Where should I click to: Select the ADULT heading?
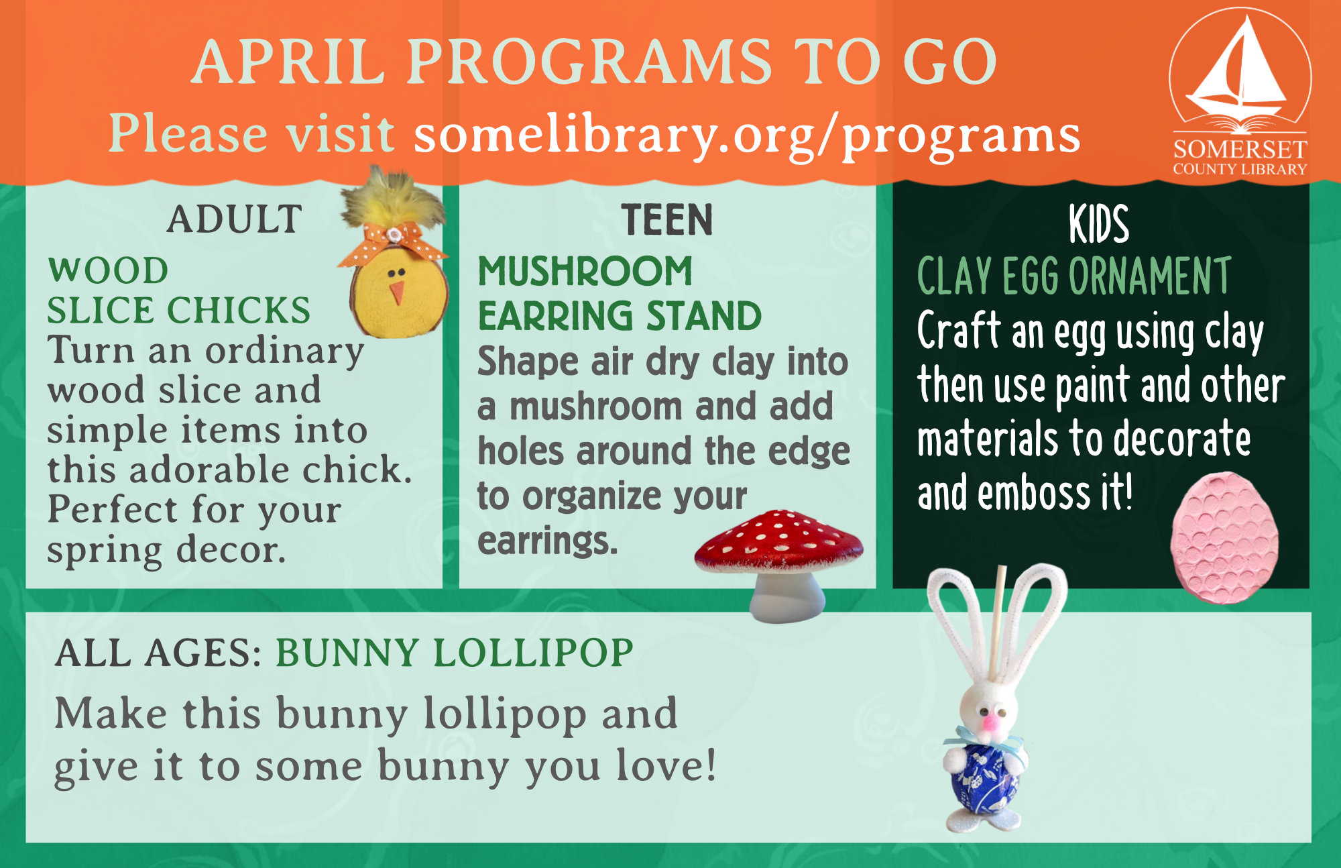click(234, 219)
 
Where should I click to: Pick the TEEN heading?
click(667, 220)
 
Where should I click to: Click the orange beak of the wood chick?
click(398, 292)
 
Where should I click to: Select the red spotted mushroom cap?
click(778, 541)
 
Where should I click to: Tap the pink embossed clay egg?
click(1224, 537)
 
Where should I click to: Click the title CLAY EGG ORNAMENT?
click(1074, 276)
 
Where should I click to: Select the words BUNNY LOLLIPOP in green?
click(455, 653)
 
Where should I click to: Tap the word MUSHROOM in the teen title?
click(585, 272)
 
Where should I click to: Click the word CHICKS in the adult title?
click(239, 311)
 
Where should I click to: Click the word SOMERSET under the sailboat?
click(1240, 149)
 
